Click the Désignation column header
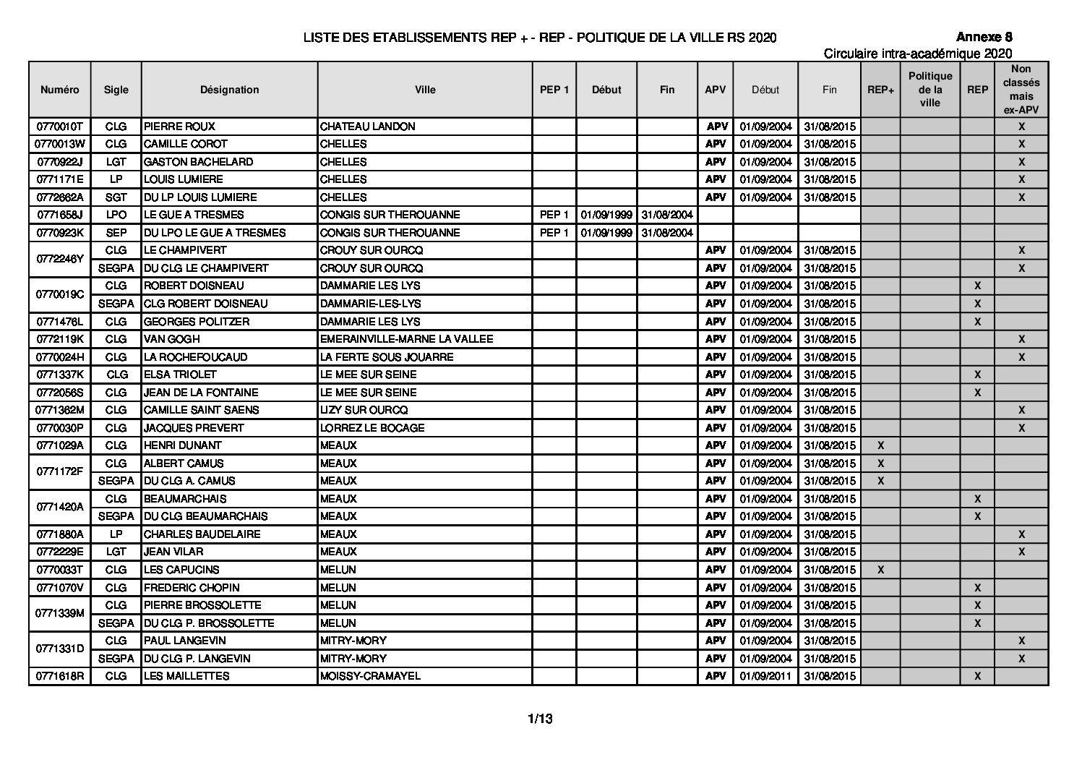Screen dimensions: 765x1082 (229, 90)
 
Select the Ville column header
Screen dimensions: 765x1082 (425, 90)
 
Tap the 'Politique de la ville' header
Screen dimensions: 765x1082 (930, 90)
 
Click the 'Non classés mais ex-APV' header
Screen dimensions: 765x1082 (1021, 90)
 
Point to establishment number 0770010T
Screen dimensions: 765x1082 (60, 127)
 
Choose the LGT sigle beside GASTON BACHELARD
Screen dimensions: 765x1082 (116, 162)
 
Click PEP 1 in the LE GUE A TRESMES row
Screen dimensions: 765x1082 (554, 215)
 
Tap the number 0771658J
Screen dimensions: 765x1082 (60, 215)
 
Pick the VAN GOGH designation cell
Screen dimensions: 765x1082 (172, 339)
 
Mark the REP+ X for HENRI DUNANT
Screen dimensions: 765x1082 (880, 445)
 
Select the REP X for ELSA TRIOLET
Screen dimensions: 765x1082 (977, 375)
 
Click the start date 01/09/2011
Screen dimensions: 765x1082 (765, 676)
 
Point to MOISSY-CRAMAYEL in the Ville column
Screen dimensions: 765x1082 (370, 676)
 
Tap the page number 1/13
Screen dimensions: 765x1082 (540, 719)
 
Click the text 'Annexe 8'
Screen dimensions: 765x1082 (984, 38)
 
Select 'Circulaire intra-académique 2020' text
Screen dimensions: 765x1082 (917, 54)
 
